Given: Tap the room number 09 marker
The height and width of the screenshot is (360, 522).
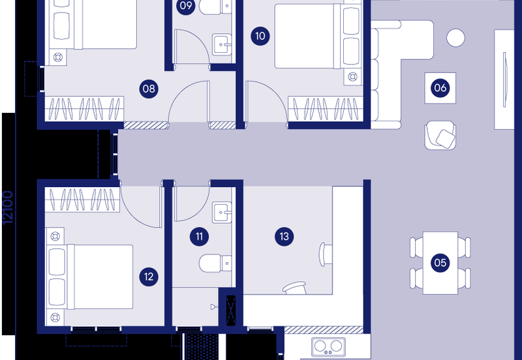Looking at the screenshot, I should pyautogui.click(x=186, y=7).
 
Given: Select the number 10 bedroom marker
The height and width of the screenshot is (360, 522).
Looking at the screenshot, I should pyautogui.click(x=260, y=36).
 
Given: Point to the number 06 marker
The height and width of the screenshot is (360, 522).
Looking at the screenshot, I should pyautogui.click(x=440, y=88).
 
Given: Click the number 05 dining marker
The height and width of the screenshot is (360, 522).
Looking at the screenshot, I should pyautogui.click(x=440, y=263).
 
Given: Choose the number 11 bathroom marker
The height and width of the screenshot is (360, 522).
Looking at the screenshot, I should pyautogui.click(x=199, y=236).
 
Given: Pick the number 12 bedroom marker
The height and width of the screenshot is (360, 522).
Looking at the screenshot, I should pyautogui.click(x=149, y=277).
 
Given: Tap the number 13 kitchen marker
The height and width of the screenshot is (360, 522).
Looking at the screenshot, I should pyautogui.click(x=283, y=236).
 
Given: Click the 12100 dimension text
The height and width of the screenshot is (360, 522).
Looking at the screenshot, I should pyautogui.click(x=8, y=207).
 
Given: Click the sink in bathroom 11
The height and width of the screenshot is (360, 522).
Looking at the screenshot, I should pyautogui.click(x=222, y=213).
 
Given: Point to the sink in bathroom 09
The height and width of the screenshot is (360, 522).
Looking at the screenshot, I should pyautogui.click(x=222, y=45).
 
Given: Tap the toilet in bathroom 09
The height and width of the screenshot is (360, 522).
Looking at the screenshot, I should pyautogui.click(x=210, y=8).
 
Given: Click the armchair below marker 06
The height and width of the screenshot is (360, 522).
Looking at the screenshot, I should pyautogui.click(x=442, y=135).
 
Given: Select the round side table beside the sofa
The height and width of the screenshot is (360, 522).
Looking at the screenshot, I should pyautogui.click(x=455, y=37).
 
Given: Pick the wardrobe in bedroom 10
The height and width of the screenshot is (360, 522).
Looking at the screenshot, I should pyautogui.click(x=325, y=108).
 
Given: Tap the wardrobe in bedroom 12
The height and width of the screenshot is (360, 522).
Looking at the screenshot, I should pyautogui.click(x=82, y=198).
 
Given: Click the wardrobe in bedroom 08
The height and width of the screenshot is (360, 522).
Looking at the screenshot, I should pyautogui.click(x=85, y=108).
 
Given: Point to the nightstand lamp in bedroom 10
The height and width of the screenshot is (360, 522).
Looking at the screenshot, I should pyautogui.click(x=354, y=76).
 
